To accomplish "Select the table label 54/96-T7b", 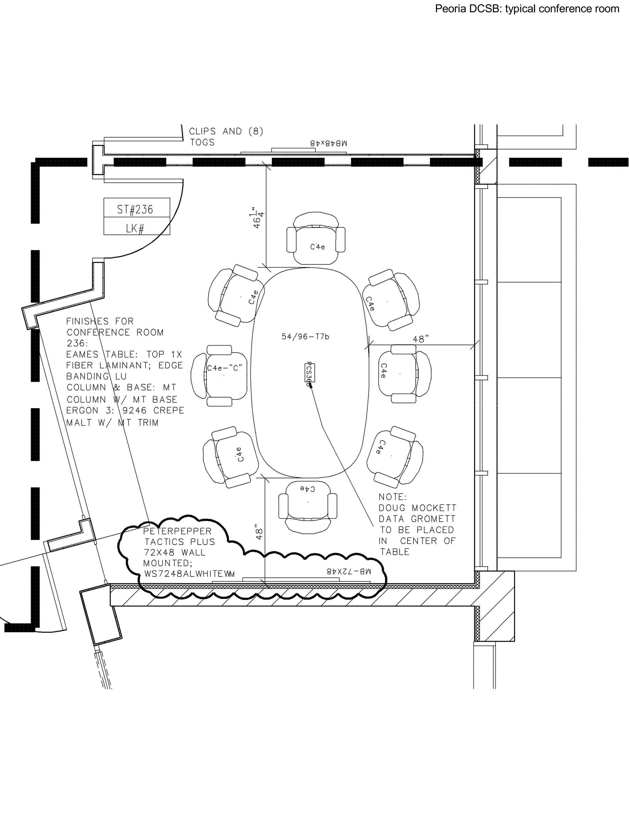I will (x=305, y=337).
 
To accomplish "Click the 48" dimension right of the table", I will (x=421, y=339).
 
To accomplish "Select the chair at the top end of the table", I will (x=316, y=239).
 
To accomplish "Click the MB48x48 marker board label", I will (x=329, y=143).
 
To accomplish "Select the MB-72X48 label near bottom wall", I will (x=349, y=571).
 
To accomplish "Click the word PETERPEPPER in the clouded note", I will (x=178, y=531).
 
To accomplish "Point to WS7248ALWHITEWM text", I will (x=189, y=574).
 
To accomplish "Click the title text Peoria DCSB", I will (x=468, y=9).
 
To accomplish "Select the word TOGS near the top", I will (x=202, y=143).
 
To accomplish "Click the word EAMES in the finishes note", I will (x=82, y=354).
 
